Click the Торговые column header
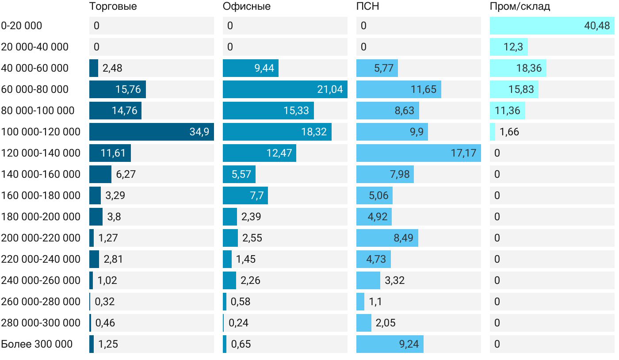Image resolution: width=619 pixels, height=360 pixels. point(113,7)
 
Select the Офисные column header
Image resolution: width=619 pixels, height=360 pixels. point(246,7)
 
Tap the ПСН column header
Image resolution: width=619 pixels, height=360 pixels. point(367,7)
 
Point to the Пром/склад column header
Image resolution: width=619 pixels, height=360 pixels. point(520,7)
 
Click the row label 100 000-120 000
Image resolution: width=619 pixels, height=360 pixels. point(41,132)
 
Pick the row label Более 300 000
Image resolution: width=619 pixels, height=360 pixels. point(37,344)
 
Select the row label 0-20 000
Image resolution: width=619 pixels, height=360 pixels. point(22,26)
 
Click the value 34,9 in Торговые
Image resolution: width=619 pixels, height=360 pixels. point(199,132)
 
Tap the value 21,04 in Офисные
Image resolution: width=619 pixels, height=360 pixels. point(330,89)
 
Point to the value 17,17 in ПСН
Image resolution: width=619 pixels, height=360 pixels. point(463,153)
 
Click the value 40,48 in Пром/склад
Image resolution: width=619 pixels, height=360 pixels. point(597,26)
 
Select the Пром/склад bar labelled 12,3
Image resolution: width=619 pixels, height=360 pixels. point(509,47)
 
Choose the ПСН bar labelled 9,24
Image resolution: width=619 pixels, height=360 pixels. point(390,344)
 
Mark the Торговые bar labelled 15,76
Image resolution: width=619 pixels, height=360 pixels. point(118,89)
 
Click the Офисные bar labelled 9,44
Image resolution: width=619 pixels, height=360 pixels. point(251,68)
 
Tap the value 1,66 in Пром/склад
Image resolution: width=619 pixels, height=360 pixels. point(509,132)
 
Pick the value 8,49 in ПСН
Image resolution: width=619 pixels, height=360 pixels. point(403,238)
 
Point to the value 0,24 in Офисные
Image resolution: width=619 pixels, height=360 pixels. point(238,323)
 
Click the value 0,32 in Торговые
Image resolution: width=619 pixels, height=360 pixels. point(105,302)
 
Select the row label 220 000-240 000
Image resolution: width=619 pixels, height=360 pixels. point(41,259)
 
